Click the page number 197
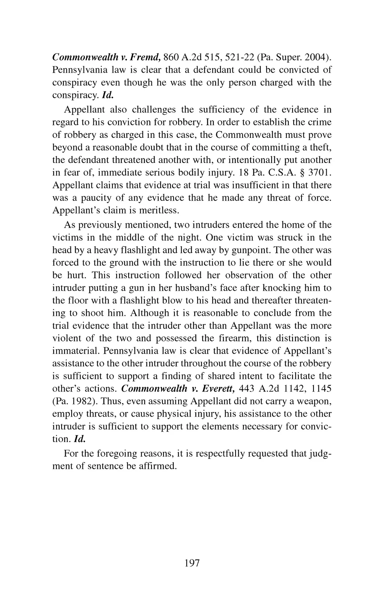pyautogui.click(x=192, y=563)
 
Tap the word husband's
pyautogui.click(x=204, y=288)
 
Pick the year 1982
pyautogui.click(x=76, y=401)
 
